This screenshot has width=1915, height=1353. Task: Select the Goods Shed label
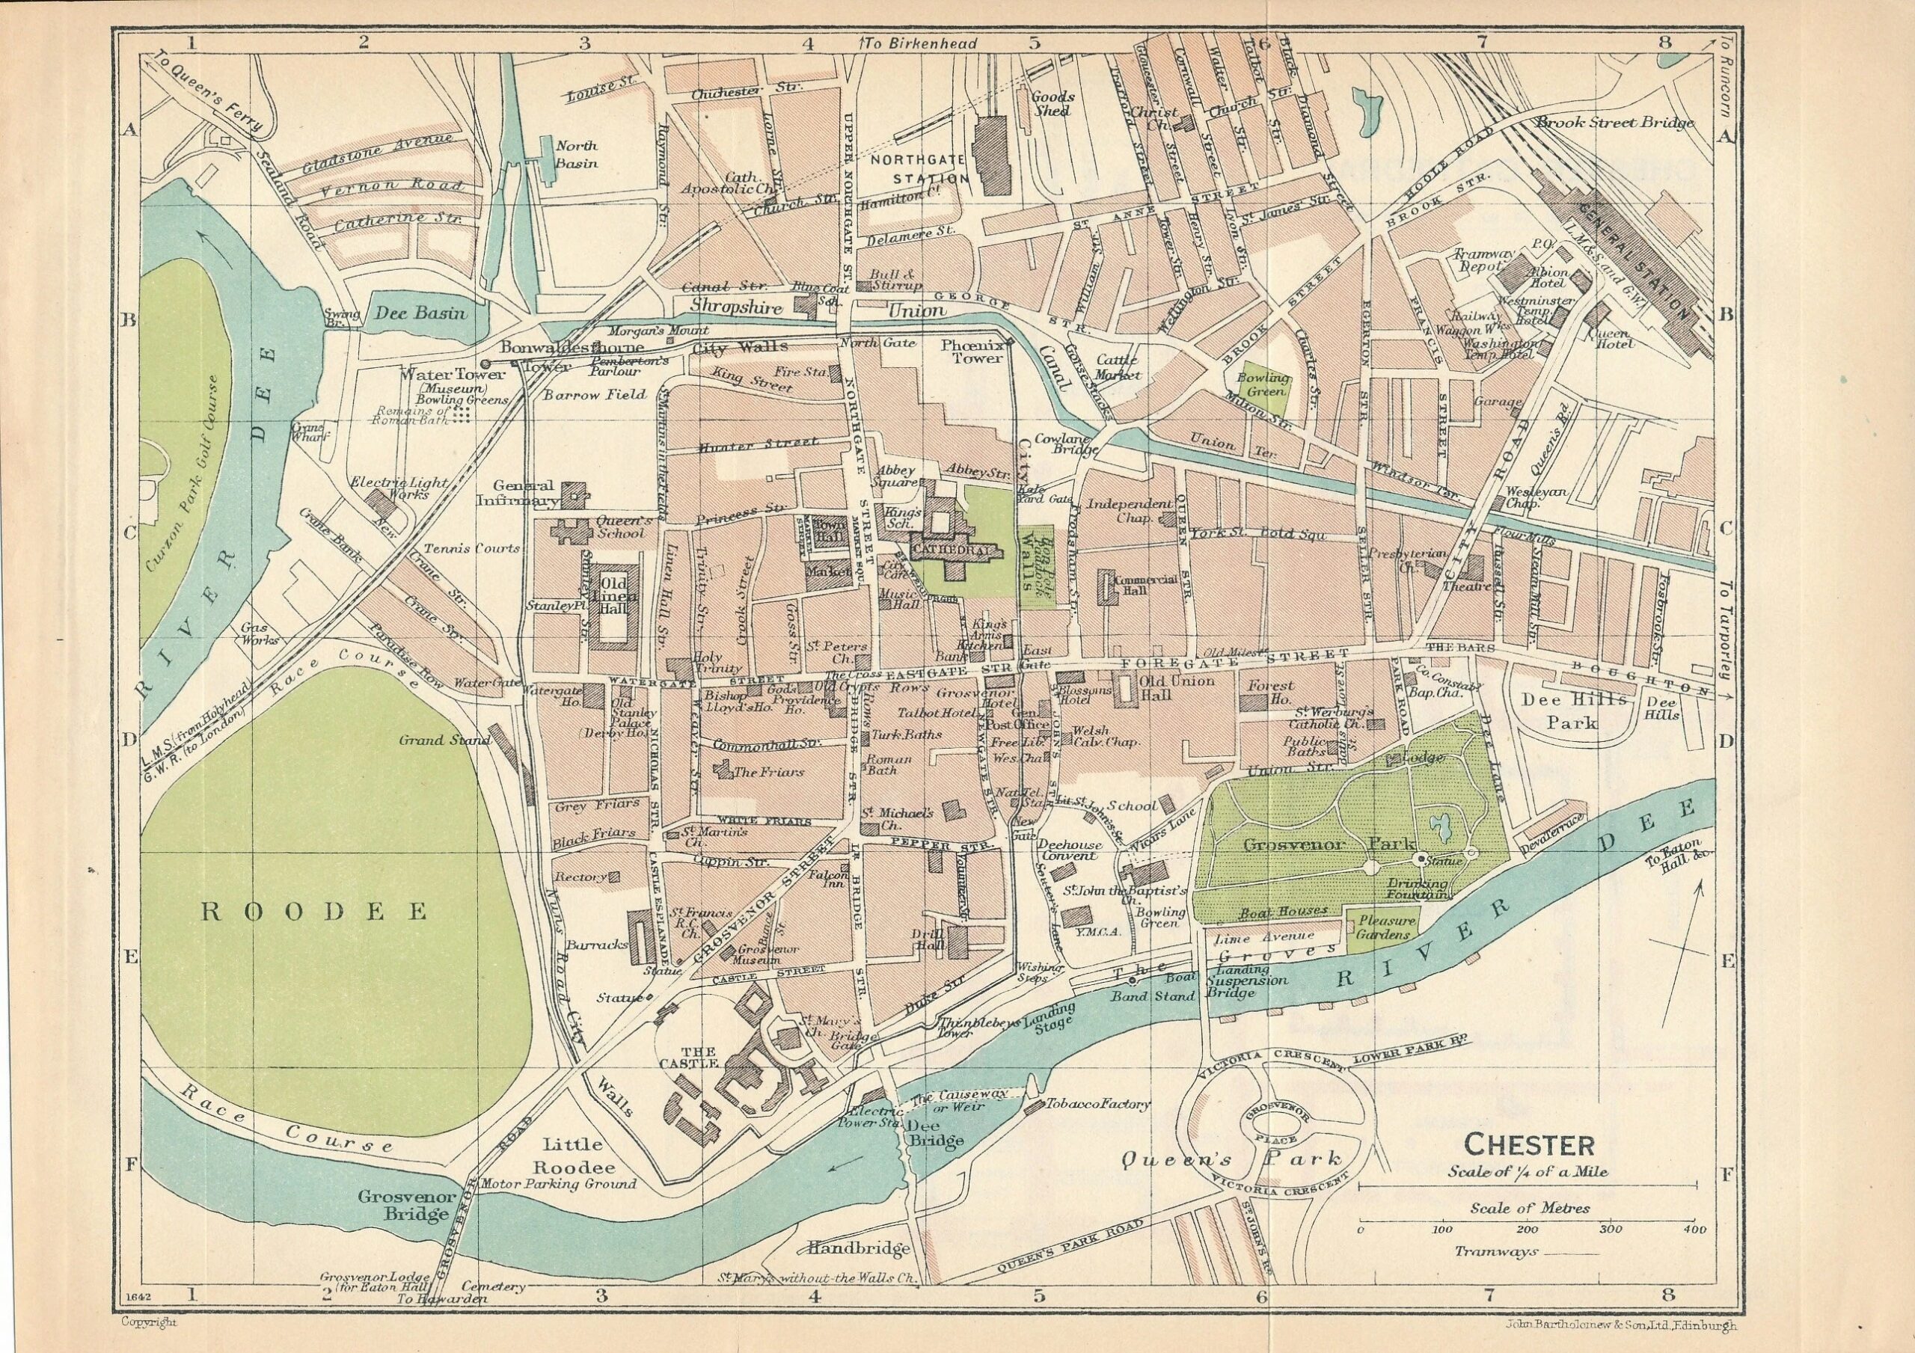1053,103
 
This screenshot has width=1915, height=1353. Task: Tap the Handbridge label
857,1249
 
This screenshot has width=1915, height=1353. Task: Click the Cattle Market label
1117,367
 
